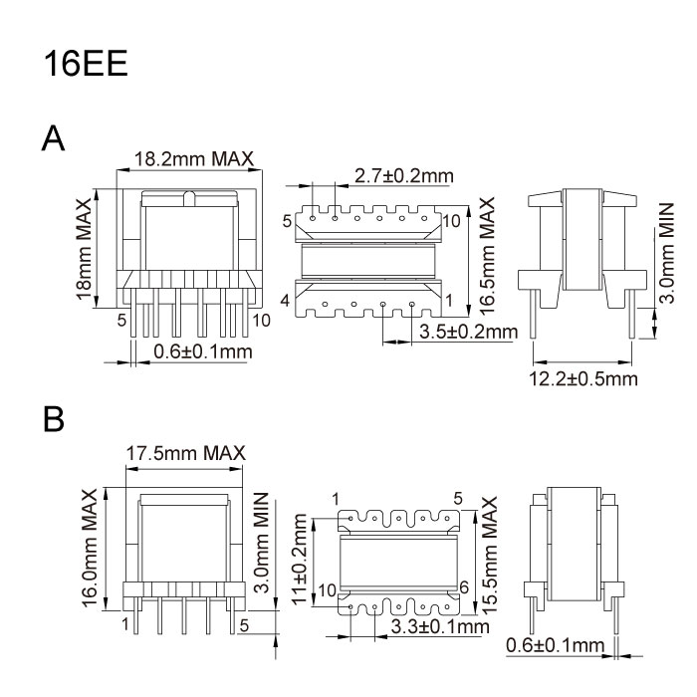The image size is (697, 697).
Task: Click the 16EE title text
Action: pos(86,63)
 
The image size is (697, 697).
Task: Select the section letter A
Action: pos(53,138)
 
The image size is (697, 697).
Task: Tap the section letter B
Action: pos(54,419)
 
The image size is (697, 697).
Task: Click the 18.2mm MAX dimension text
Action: pos(194,158)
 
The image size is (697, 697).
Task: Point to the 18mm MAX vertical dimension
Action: pos(84,249)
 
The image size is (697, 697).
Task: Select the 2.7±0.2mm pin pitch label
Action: pos(403,176)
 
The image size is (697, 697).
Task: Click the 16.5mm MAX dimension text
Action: pos(487,257)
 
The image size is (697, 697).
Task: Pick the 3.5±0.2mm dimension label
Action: pos(469,332)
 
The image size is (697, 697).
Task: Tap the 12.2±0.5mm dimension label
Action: pos(583,378)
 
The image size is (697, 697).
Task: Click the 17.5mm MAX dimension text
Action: pos(186,453)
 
